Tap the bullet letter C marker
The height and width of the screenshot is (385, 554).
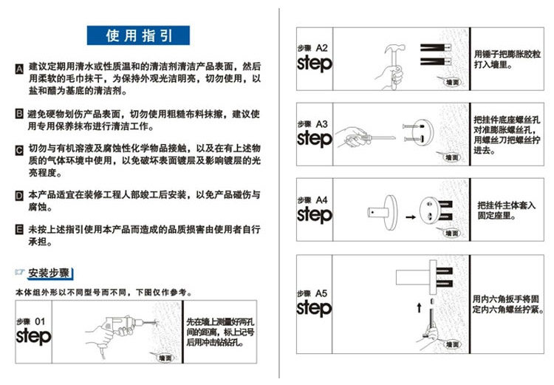[19, 150]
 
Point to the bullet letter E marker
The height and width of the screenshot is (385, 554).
[19, 229]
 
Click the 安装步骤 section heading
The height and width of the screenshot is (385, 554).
[49, 273]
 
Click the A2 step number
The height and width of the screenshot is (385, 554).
[322, 48]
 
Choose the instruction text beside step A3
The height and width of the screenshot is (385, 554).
[506, 134]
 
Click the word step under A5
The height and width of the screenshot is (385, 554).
[314, 307]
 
